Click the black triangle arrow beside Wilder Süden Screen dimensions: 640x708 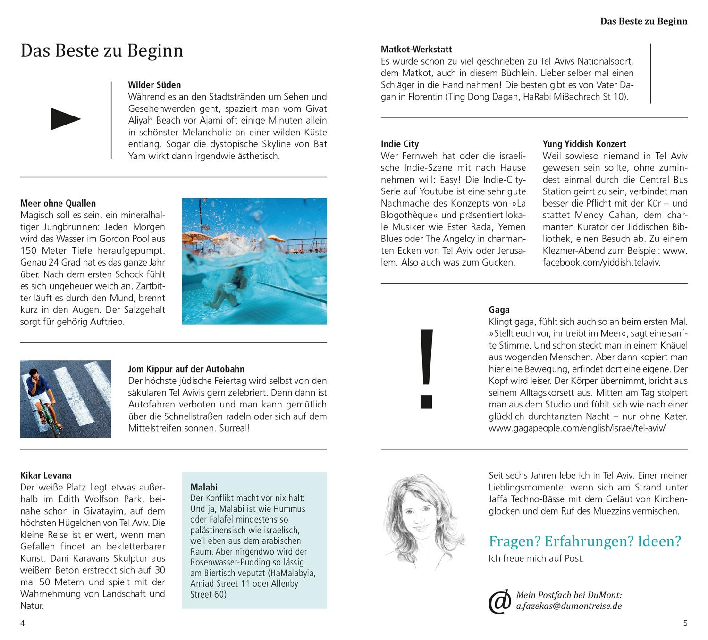pyautogui.click(x=65, y=119)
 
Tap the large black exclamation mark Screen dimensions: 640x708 pyautogui.click(x=426, y=367)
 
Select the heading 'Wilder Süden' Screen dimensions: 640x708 pyautogui.click(x=154, y=85)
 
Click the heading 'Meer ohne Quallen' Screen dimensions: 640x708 pyautogui.click(x=58, y=203)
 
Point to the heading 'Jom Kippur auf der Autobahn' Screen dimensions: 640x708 pyautogui.click(x=186, y=369)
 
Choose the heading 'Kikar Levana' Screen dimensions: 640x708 pyautogui.click(x=46, y=475)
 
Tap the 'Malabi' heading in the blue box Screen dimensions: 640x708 pyautogui.click(x=204, y=487)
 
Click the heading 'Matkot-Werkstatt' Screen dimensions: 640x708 pyautogui.click(x=416, y=49)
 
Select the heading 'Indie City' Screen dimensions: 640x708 pyautogui.click(x=400, y=144)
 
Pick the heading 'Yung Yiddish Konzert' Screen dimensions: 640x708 pyautogui.click(x=584, y=144)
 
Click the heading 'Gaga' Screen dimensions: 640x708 pyautogui.click(x=499, y=310)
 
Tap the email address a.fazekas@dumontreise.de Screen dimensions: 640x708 pyautogui.click(x=569, y=606)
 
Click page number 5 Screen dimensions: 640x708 pyautogui.click(x=685, y=623)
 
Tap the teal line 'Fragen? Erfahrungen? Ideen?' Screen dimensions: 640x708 pyautogui.click(x=585, y=541)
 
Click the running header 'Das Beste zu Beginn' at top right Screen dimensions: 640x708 pyautogui.click(x=643, y=21)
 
